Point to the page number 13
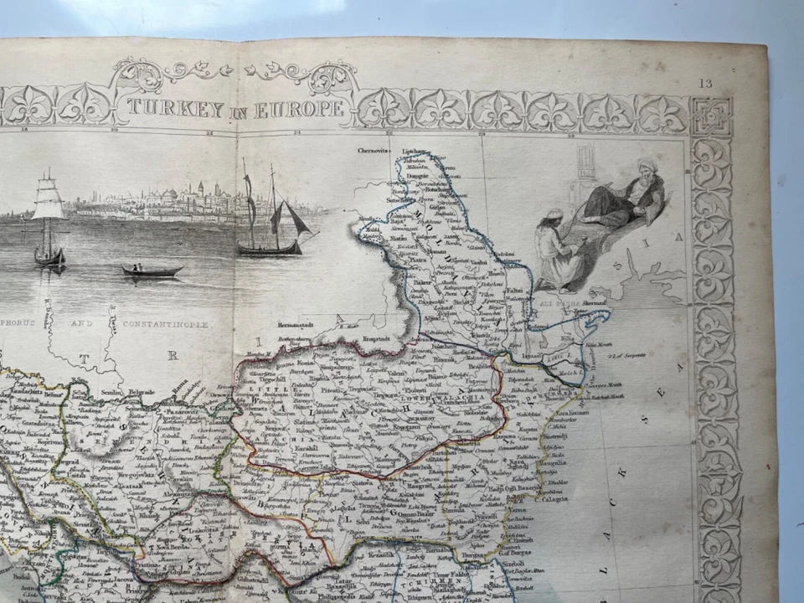(705, 83)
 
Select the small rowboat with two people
(152, 271)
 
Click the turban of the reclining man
(647, 165)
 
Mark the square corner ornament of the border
(711, 116)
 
